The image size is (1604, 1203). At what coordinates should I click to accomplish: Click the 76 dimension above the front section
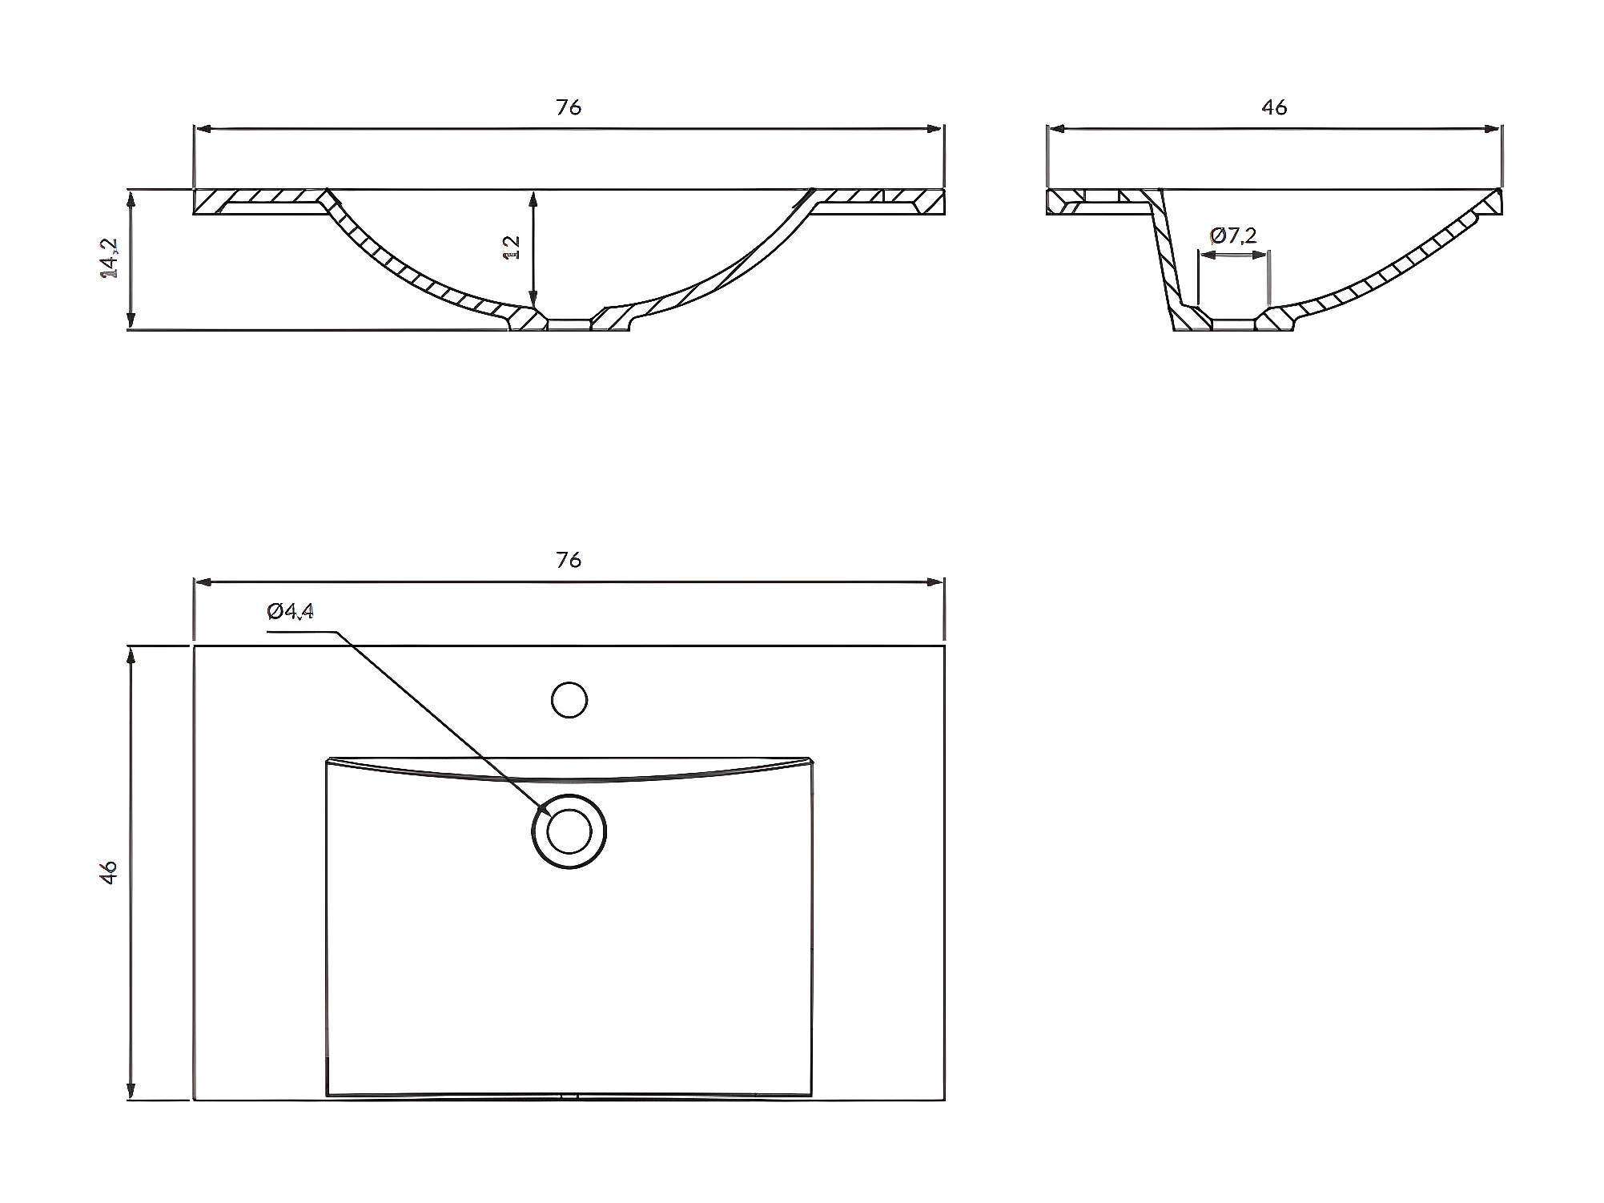(569, 107)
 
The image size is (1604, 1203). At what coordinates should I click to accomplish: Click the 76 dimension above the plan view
(569, 560)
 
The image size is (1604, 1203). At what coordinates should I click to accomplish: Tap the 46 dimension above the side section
(1274, 107)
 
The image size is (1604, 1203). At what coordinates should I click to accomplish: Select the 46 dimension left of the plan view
(110, 871)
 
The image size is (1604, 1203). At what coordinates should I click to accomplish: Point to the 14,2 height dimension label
(110, 258)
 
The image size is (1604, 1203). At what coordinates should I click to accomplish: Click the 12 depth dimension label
(511, 247)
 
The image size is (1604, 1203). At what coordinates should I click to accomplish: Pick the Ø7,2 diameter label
(1233, 235)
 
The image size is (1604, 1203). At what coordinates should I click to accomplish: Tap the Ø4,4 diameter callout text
(291, 612)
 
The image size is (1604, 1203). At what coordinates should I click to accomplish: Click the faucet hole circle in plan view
(569, 700)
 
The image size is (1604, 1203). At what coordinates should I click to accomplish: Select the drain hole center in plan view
(569, 831)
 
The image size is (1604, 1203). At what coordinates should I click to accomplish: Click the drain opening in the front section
(569, 324)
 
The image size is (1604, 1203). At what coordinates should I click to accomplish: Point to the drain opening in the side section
(1233, 324)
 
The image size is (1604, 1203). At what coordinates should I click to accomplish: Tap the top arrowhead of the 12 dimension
(533, 197)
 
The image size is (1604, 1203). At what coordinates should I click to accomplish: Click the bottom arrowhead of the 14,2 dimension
(131, 323)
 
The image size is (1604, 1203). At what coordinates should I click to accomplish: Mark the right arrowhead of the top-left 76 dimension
(936, 128)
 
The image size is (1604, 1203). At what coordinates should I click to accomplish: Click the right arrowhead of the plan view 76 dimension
(936, 581)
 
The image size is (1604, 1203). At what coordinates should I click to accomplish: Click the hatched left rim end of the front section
(210, 202)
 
